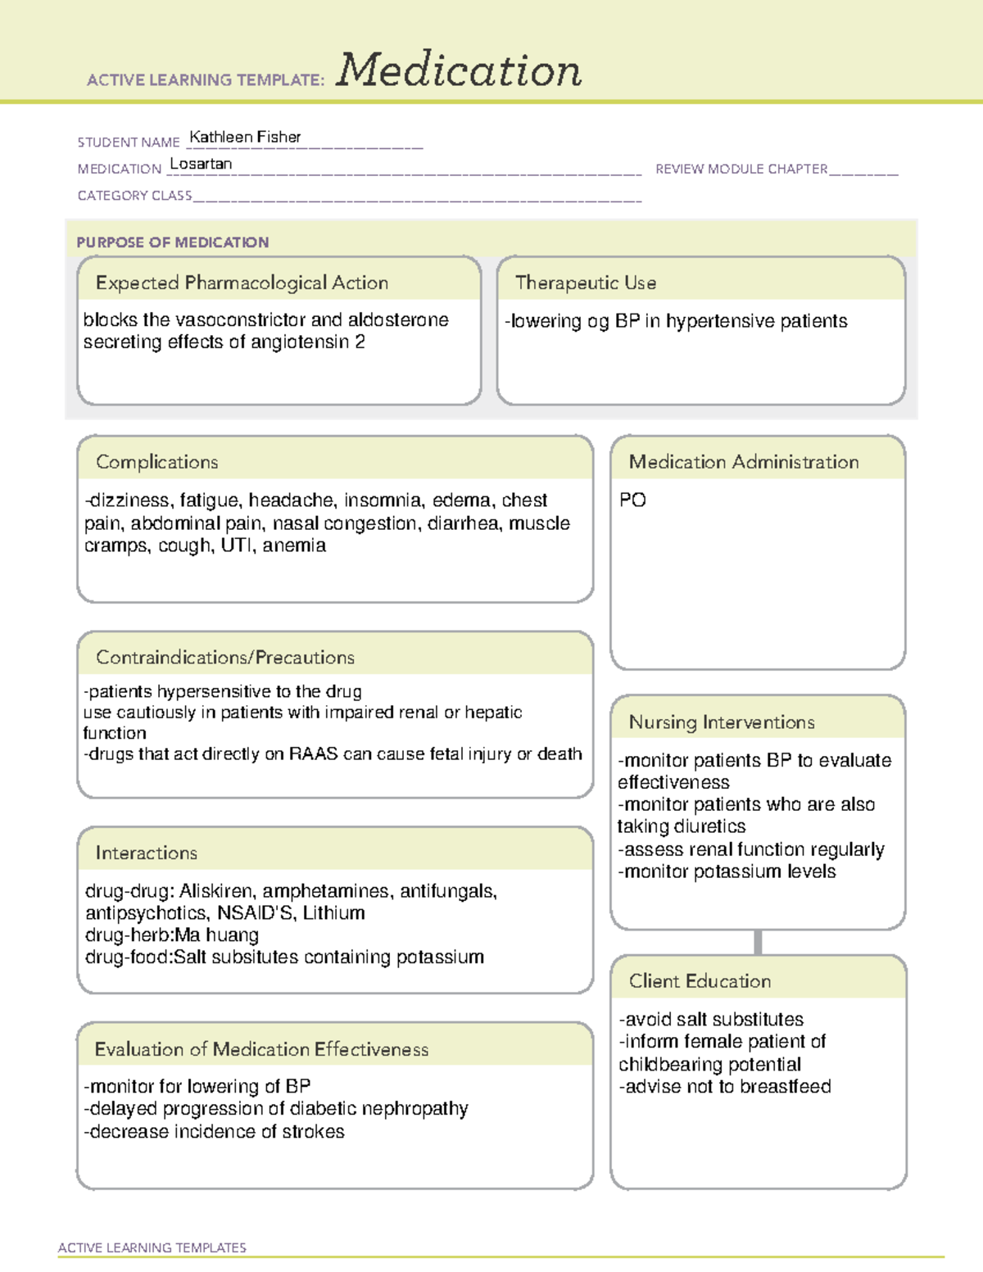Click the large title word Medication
(x=459, y=70)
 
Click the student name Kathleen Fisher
(x=245, y=137)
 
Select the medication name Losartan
(x=201, y=164)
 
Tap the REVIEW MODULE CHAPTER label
(x=741, y=169)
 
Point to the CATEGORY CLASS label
(x=135, y=196)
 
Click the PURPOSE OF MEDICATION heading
(x=173, y=242)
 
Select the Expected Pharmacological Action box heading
(x=242, y=283)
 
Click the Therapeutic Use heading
(x=586, y=283)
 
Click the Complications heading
(x=157, y=462)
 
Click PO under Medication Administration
(x=632, y=500)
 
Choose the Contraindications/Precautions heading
(x=225, y=657)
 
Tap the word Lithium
(x=333, y=913)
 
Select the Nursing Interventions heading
(x=722, y=722)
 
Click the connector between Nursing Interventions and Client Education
(x=758, y=942)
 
